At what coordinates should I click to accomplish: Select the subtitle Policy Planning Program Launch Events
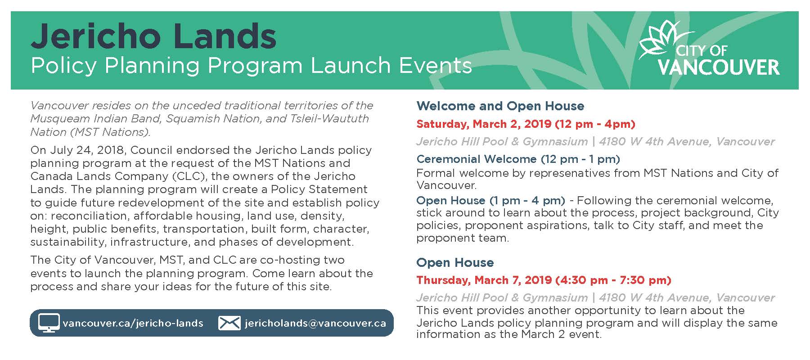[x=251, y=66]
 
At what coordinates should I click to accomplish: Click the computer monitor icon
[x=49, y=323]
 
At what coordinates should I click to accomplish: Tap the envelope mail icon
[x=229, y=323]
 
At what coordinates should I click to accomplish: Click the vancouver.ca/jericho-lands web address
[x=133, y=323]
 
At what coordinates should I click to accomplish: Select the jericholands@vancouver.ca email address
[x=315, y=323]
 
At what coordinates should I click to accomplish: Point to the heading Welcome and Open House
[x=500, y=106]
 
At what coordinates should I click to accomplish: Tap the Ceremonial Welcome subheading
[x=477, y=159]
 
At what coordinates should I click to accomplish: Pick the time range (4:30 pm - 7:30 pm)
[x=613, y=280]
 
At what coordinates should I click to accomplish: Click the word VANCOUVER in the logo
[x=719, y=67]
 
